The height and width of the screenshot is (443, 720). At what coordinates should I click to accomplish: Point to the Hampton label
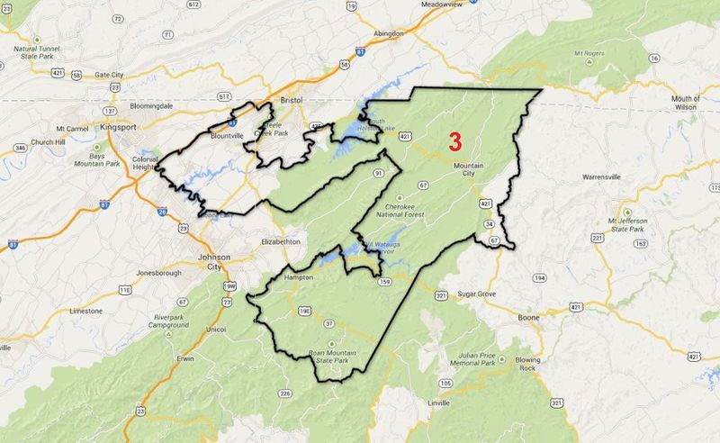point(299,277)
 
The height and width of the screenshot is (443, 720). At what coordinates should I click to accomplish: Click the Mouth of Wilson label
point(686,102)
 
